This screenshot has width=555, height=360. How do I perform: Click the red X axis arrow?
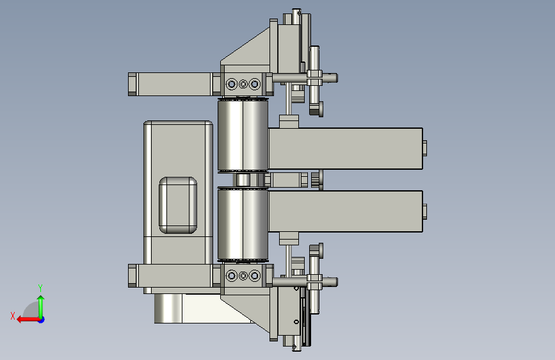(28, 320)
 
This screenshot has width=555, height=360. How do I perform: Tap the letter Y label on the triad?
(40, 288)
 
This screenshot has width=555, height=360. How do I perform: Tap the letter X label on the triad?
(13, 316)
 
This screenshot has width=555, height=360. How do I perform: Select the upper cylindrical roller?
(243, 135)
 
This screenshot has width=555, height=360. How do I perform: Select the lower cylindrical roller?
(243, 225)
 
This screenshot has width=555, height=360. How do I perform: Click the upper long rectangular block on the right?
(346, 149)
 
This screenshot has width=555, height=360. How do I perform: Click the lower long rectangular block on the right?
(346, 211)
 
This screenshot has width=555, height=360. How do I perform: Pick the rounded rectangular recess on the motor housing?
(178, 205)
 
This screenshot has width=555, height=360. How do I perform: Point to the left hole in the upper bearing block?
(232, 85)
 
